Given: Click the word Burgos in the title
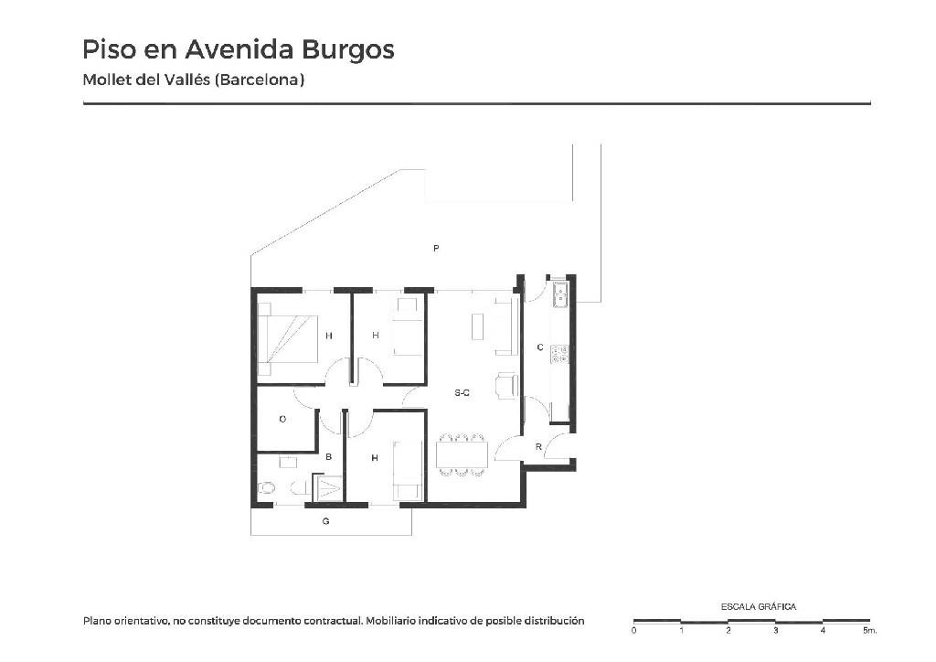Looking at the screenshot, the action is pyautogui.click(x=347, y=50).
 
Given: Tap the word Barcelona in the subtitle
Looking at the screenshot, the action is pyautogui.click(x=260, y=80).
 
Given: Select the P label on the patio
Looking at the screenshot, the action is pyautogui.click(x=436, y=248).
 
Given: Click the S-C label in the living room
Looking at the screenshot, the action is pyautogui.click(x=462, y=393).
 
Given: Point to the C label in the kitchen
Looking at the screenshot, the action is pyautogui.click(x=540, y=347).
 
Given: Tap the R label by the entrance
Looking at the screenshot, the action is pyautogui.click(x=538, y=446).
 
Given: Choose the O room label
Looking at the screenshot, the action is pyautogui.click(x=283, y=419).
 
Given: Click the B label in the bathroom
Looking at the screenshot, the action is pyautogui.click(x=328, y=457).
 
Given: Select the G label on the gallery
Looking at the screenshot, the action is pyautogui.click(x=326, y=521).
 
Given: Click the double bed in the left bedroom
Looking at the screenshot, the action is pyautogui.click(x=287, y=339).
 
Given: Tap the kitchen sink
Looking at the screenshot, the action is pyautogui.click(x=560, y=295).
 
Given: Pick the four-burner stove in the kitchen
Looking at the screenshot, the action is pyautogui.click(x=559, y=354).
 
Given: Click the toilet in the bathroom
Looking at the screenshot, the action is pyautogui.click(x=266, y=488).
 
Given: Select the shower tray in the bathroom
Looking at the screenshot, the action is pyautogui.click(x=328, y=487).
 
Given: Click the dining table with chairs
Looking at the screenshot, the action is pyautogui.click(x=462, y=454).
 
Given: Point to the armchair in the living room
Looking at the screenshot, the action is pyautogui.click(x=506, y=385).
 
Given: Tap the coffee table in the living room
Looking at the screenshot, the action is pyautogui.click(x=477, y=326).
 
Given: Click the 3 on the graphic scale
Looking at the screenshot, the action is pyautogui.click(x=775, y=630).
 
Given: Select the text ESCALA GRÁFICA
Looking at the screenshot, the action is pyautogui.click(x=758, y=606).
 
